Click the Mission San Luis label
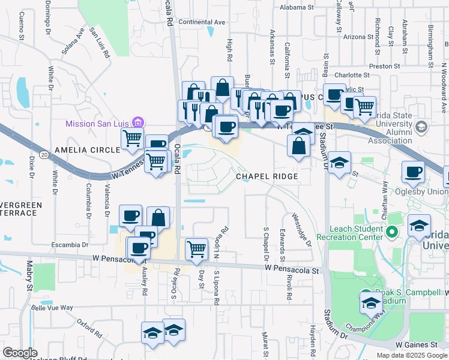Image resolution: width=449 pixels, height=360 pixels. point(99,124)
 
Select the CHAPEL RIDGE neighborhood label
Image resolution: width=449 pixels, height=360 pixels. point(267,176)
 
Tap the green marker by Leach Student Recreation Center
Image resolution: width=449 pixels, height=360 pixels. point(393,232)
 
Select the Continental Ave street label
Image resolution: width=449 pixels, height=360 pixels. point(202,22)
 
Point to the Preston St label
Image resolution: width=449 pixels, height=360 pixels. point(384,66)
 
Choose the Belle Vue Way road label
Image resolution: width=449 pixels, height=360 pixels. point(52,308)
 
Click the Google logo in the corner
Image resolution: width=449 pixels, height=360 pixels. point(20,353)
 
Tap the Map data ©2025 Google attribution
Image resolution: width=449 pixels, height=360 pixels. point(411,355)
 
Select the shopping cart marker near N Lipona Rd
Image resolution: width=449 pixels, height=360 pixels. point(196,248)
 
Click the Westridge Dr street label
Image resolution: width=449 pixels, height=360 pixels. point(301,229)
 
